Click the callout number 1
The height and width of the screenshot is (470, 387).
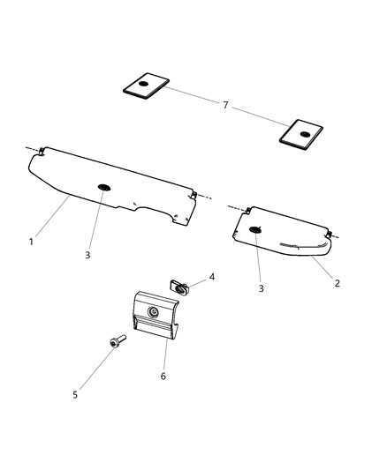point(33,240)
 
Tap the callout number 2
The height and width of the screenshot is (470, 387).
point(337,283)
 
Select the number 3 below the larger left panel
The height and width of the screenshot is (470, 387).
point(87,255)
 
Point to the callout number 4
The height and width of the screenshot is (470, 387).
point(212,276)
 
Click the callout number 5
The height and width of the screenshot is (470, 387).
point(75,394)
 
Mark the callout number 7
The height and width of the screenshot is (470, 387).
point(225,105)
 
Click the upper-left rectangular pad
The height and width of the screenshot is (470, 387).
point(145,86)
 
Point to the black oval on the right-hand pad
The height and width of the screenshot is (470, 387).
point(305,134)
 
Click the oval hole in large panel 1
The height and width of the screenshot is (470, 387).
point(104,188)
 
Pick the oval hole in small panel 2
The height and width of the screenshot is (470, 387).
point(255,230)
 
